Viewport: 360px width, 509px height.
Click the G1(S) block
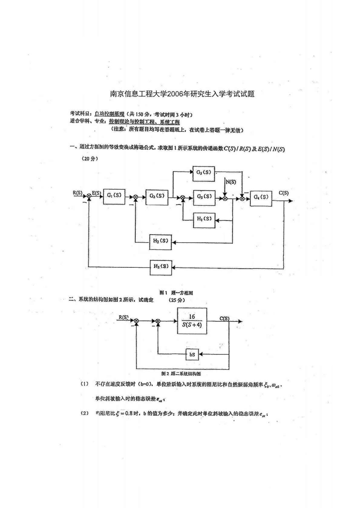(114, 196)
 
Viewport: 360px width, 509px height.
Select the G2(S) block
(157, 196)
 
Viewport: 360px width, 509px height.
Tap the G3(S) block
(204, 197)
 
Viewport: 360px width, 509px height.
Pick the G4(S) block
(261, 197)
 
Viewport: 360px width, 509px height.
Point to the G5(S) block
(204, 173)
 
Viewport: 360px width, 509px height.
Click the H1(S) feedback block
(204, 219)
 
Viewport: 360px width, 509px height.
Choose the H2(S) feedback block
(160, 242)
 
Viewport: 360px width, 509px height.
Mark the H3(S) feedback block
(161, 267)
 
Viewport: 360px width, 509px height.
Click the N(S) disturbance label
(231, 182)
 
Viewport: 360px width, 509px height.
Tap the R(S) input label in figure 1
(77, 192)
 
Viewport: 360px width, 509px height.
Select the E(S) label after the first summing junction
(97, 193)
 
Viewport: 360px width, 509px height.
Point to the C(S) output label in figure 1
(283, 193)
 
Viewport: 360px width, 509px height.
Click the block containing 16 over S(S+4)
(192, 321)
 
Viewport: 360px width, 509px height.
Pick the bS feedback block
(192, 354)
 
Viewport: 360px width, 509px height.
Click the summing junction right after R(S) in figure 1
(89, 197)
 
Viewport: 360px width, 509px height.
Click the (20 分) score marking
(90, 159)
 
